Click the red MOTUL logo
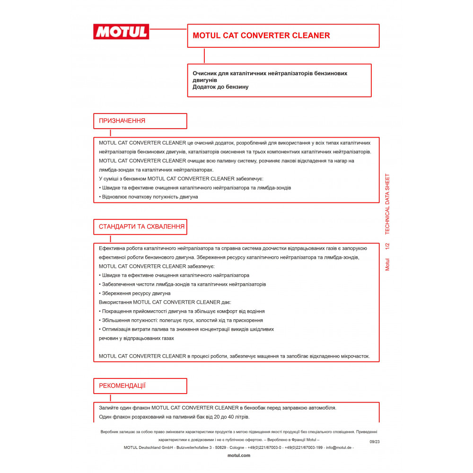121,32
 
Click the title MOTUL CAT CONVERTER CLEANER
261,35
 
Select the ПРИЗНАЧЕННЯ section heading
122,121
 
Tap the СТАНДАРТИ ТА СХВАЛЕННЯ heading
141,227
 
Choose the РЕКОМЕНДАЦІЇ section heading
122,385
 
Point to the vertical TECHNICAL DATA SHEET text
387,204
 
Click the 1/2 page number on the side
387,246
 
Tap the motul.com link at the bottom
239,455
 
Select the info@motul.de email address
340,447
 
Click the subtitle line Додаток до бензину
220,87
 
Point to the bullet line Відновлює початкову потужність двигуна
149,197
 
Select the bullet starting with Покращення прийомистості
183,311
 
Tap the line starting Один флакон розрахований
174,417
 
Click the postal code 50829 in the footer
221,447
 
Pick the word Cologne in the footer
237,447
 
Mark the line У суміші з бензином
181,179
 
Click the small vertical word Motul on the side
387,264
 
